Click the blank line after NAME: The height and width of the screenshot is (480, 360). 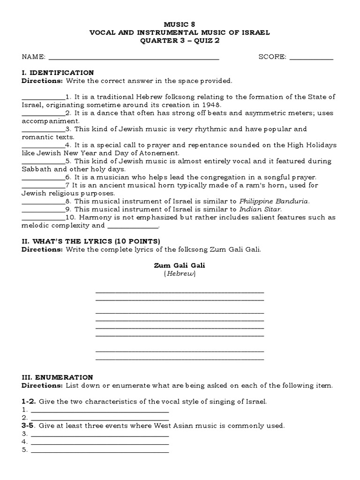[134, 58]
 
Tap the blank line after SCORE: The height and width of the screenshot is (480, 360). [311, 58]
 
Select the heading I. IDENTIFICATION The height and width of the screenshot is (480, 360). [58, 73]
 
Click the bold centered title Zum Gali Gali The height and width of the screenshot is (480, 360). [180, 265]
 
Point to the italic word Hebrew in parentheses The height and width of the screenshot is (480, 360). [180, 274]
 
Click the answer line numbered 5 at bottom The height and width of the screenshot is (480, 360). [99, 451]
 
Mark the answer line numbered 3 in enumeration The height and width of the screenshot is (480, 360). [99, 435]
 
